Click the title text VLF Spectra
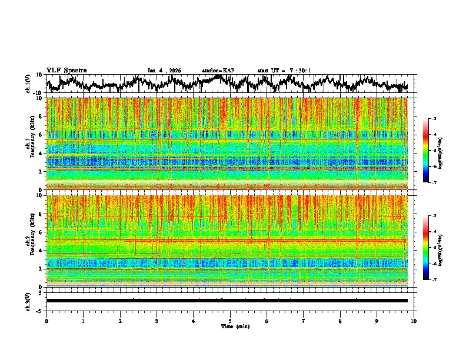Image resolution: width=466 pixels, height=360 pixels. click(x=66, y=70)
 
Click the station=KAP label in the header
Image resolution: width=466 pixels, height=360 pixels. click(x=218, y=71)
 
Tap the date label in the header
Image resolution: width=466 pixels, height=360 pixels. click(x=164, y=71)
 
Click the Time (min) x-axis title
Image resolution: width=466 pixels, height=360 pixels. click(x=230, y=326)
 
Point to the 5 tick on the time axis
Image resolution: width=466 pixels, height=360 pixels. click(x=230, y=320)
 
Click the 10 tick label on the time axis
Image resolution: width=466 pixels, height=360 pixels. click(x=414, y=320)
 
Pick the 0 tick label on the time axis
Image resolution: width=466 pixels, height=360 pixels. click(x=46, y=320)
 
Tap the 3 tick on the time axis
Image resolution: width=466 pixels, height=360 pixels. click(x=157, y=320)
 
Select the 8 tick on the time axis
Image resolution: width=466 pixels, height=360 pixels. click(x=340, y=320)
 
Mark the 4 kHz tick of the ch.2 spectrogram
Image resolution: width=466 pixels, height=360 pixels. click(x=41, y=251)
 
